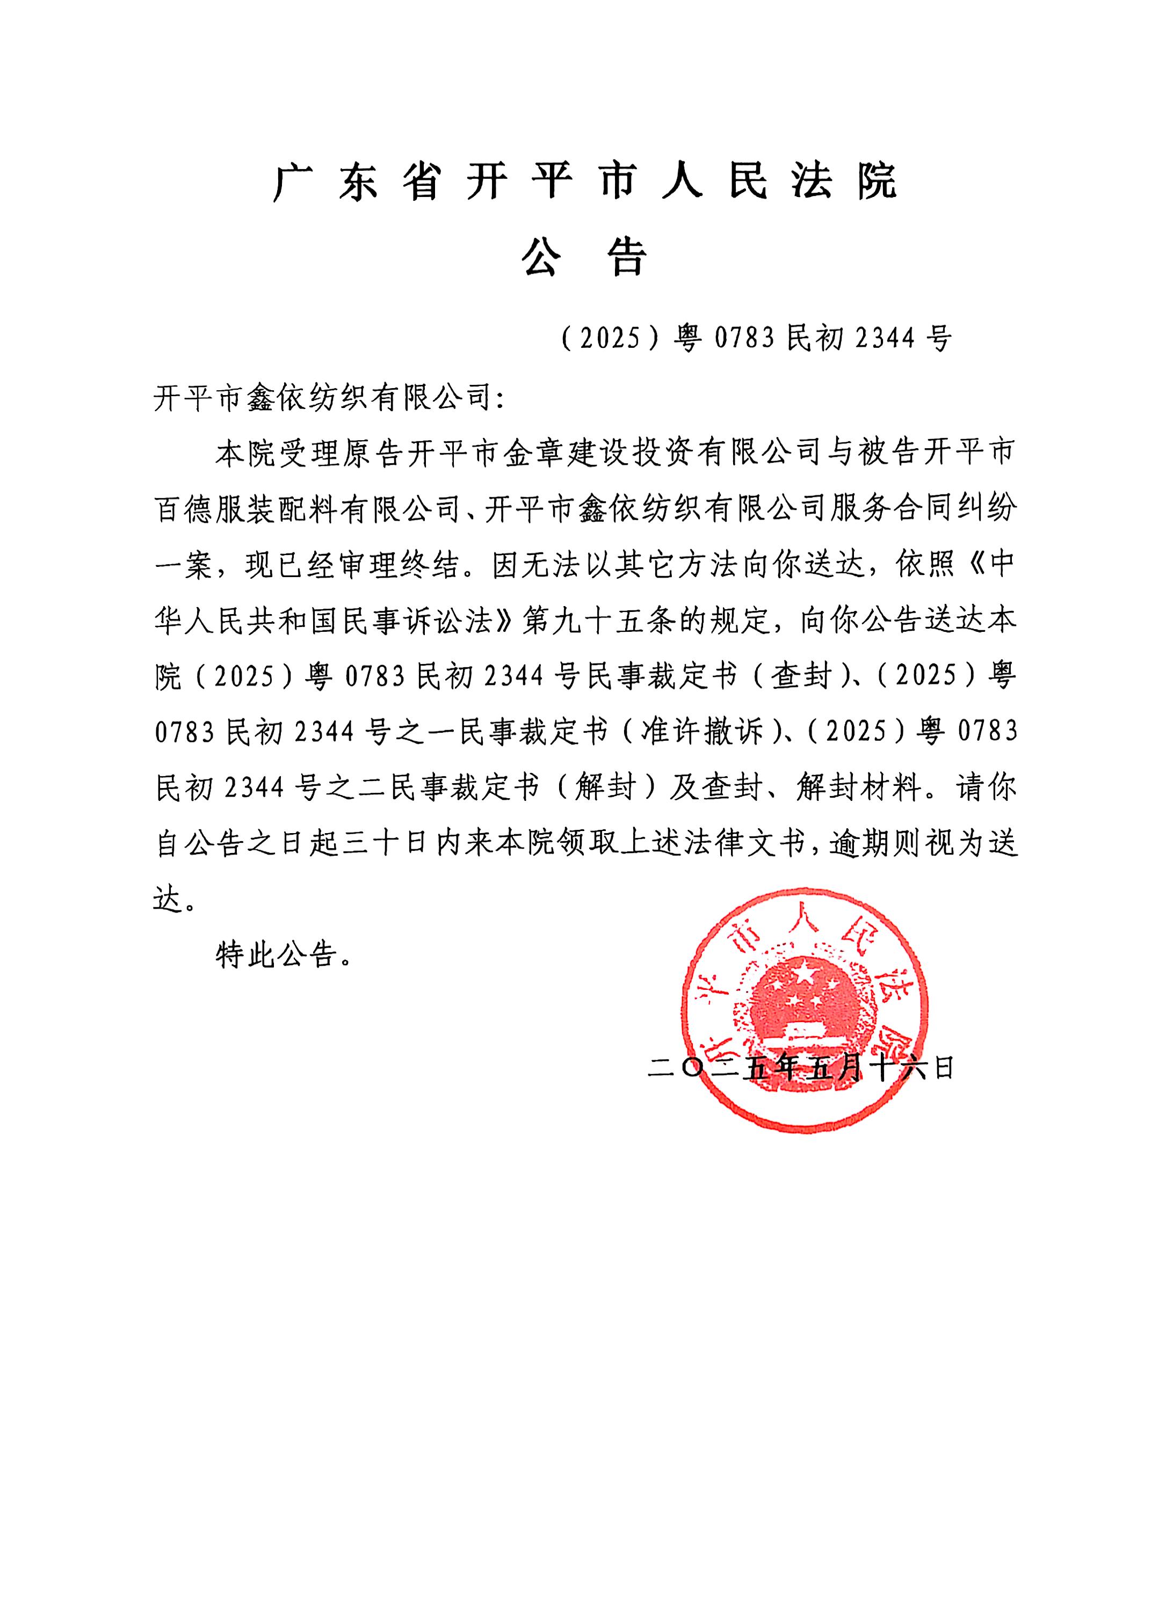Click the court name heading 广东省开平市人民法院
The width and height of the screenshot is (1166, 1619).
click(584, 182)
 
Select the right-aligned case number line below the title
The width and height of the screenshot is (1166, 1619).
click(756, 338)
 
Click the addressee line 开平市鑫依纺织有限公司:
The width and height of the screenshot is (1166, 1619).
click(329, 396)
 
